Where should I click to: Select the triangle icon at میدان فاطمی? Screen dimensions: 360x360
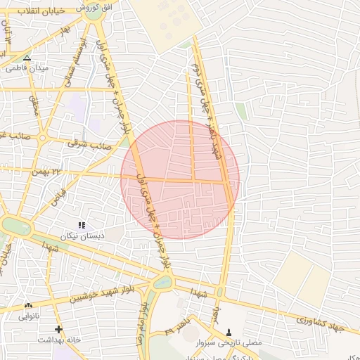pyautogui.click(x=27, y=58)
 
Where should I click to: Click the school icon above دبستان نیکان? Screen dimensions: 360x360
pyautogui.click(x=82, y=225)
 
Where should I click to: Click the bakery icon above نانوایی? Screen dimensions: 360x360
pyautogui.click(x=29, y=306)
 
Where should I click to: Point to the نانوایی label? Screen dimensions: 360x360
pyautogui.click(x=29, y=316)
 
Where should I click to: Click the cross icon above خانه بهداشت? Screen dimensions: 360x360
pyautogui.click(x=58, y=329)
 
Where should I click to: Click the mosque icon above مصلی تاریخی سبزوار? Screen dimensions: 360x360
pyautogui.click(x=229, y=332)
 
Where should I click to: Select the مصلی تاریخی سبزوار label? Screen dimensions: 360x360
pyautogui.click(x=229, y=342)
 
